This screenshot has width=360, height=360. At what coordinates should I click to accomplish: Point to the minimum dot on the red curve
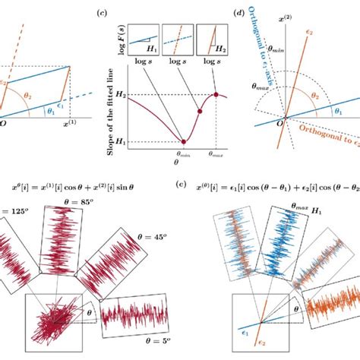[x=182, y=141]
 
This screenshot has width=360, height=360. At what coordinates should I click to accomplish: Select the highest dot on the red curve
[x=216, y=94]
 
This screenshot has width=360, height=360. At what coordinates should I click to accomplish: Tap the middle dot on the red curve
[x=199, y=112]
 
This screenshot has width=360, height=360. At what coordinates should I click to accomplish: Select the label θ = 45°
[x=164, y=235]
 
